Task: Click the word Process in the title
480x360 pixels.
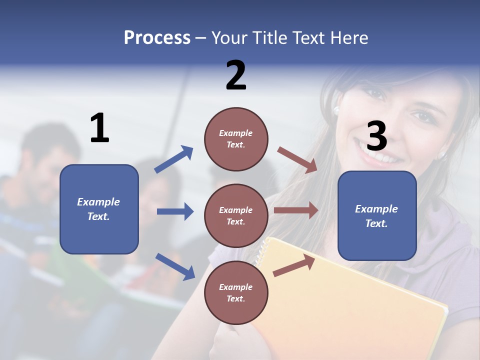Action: (x=157, y=37)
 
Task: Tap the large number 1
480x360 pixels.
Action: (x=99, y=128)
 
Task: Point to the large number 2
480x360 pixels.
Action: (x=236, y=75)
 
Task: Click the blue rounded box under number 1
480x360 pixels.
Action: (x=99, y=209)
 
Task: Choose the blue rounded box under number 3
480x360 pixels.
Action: (x=377, y=216)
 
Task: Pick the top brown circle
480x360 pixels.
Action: (x=236, y=139)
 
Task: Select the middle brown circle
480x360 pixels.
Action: (x=236, y=215)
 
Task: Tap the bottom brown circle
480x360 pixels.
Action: (x=236, y=292)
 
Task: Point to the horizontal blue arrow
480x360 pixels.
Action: (x=175, y=211)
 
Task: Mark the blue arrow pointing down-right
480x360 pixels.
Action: (x=175, y=266)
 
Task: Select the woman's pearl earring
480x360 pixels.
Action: (x=336, y=109)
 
